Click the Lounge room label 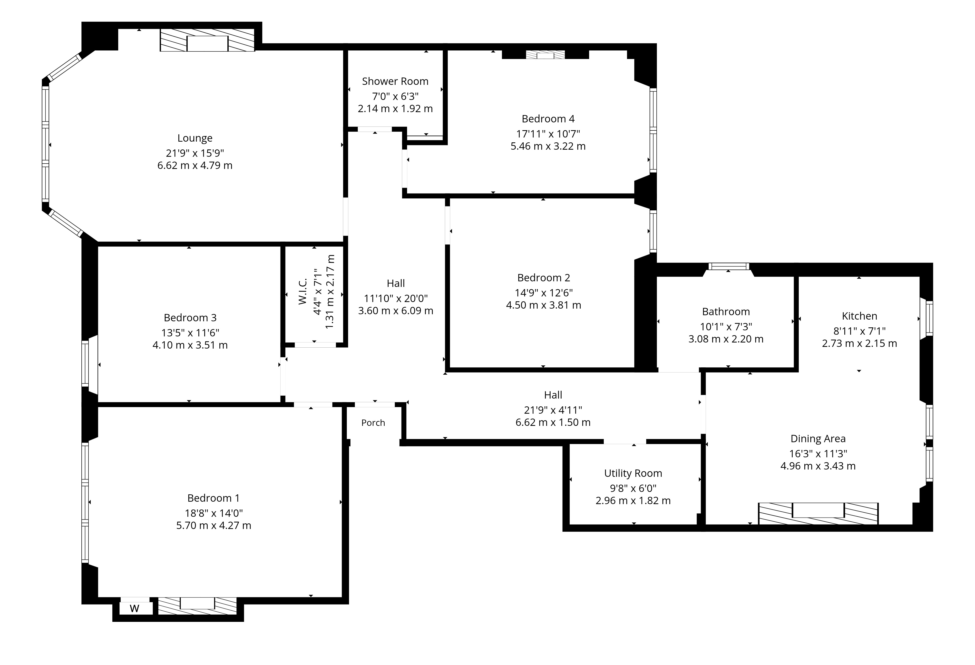tap(195, 138)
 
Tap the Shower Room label tap(395, 81)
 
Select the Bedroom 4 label tap(548, 119)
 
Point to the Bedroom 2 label tap(544, 278)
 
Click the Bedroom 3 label tap(190, 318)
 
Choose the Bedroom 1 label tap(214, 498)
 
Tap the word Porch tap(373, 423)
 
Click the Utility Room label tap(633, 473)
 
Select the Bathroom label tap(726, 312)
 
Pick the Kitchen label tap(859, 316)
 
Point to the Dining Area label tap(818, 439)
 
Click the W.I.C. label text tap(303, 291)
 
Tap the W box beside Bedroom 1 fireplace tap(135, 608)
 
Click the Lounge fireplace tap(207, 40)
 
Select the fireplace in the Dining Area tap(818, 514)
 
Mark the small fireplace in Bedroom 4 tap(546, 55)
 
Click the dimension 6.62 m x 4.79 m tap(195, 165)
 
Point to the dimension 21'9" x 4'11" tap(553, 410)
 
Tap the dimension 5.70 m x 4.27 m tap(214, 525)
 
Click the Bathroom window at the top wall tap(729, 266)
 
